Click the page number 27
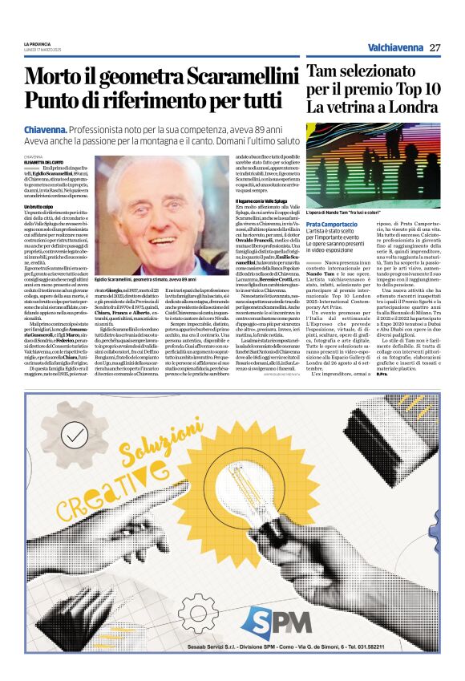pos(435,47)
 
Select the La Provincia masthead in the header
pos(38,43)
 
